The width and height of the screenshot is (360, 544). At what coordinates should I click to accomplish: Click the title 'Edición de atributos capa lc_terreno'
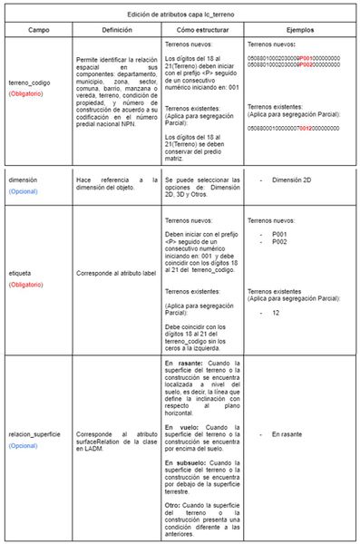coord(180,15)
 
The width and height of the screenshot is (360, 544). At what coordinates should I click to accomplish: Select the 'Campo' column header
coord(34,30)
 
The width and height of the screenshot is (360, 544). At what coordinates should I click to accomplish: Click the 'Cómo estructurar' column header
coord(201,30)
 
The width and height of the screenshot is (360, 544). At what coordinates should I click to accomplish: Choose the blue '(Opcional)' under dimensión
coord(24,192)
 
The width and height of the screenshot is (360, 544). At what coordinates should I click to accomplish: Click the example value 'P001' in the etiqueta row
coord(280,236)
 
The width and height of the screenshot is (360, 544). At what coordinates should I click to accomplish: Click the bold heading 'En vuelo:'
coord(183,425)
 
